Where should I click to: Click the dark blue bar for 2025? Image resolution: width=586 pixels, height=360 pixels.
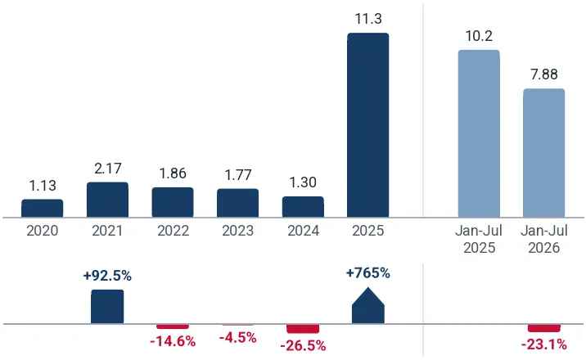click(x=368, y=125)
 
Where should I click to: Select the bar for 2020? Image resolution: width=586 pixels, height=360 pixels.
click(x=43, y=209)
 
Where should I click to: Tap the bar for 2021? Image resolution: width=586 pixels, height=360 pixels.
click(x=108, y=200)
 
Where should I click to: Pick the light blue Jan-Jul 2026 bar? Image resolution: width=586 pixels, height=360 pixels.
click(x=543, y=153)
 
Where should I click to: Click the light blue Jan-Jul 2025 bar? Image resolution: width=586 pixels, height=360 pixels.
click(x=479, y=133)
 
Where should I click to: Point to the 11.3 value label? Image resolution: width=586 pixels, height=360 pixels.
click(x=368, y=19)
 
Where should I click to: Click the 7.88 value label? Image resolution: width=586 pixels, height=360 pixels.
click(x=544, y=74)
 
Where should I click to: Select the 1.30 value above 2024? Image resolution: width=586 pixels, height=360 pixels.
click(x=303, y=182)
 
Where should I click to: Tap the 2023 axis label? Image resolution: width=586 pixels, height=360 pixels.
click(x=237, y=231)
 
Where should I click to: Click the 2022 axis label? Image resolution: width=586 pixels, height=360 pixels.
click(x=173, y=231)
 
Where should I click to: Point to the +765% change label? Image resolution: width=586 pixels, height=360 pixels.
click(x=368, y=273)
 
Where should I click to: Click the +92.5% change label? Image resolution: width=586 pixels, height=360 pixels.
click(x=108, y=276)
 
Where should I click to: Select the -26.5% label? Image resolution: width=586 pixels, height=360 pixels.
click(x=303, y=346)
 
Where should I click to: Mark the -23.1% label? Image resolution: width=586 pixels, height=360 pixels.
click(x=544, y=344)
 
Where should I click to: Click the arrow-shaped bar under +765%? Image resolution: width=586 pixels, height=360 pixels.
click(x=368, y=306)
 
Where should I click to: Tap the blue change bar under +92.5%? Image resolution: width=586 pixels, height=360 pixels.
click(x=107, y=307)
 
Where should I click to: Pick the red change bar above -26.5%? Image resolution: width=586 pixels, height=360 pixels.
click(x=303, y=329)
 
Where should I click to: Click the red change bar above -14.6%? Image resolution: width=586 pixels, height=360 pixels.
click(x=173, y=326)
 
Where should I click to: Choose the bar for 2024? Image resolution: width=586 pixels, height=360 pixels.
click(x=303, y=207)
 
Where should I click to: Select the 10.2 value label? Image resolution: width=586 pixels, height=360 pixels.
click(x=479, y=36)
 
